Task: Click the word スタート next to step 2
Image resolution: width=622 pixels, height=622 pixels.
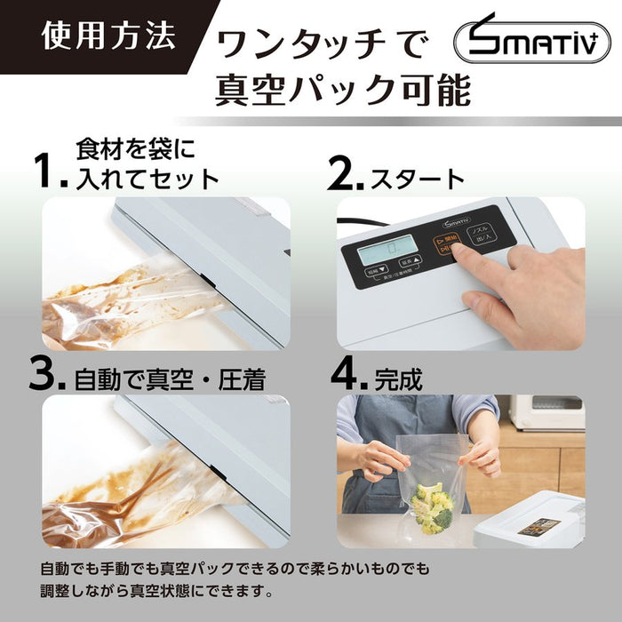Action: (x=417, y=179)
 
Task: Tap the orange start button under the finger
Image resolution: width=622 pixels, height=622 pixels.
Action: (x=444, y=245)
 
